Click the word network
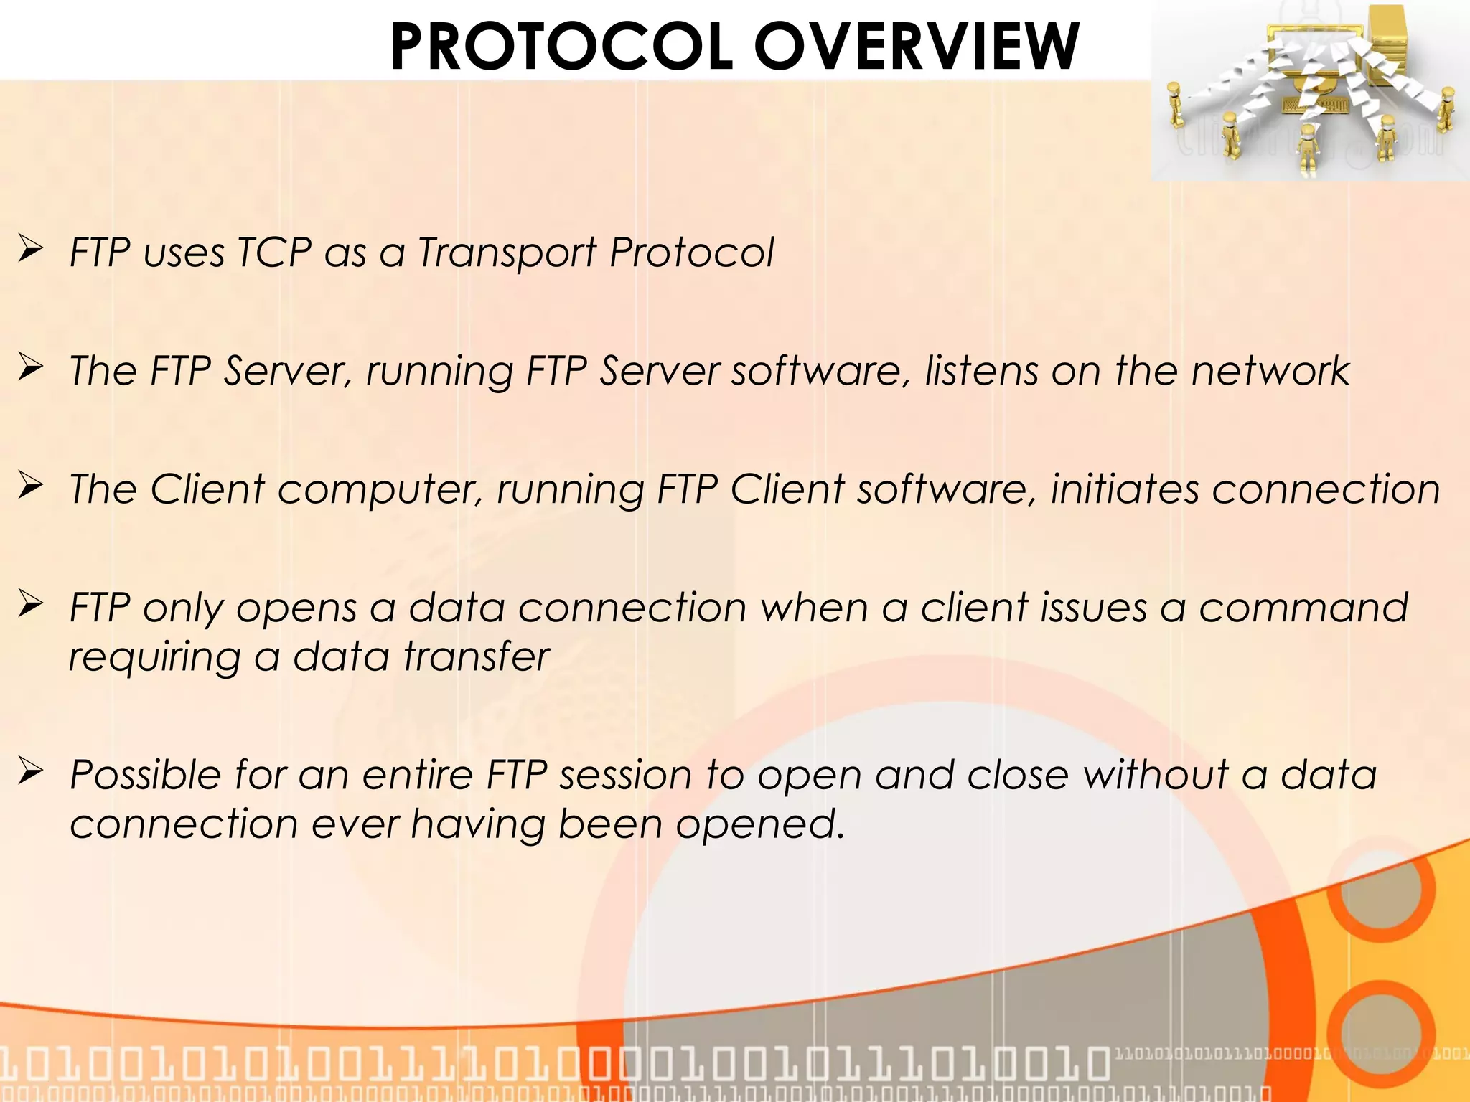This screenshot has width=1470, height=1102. [1270, 371]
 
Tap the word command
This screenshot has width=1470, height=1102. [1303, 608]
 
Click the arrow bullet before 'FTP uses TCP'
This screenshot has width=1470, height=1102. [32, 249]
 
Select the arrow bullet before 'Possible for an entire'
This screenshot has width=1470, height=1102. [32, 771]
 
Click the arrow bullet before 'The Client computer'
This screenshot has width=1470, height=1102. [32, 486]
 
